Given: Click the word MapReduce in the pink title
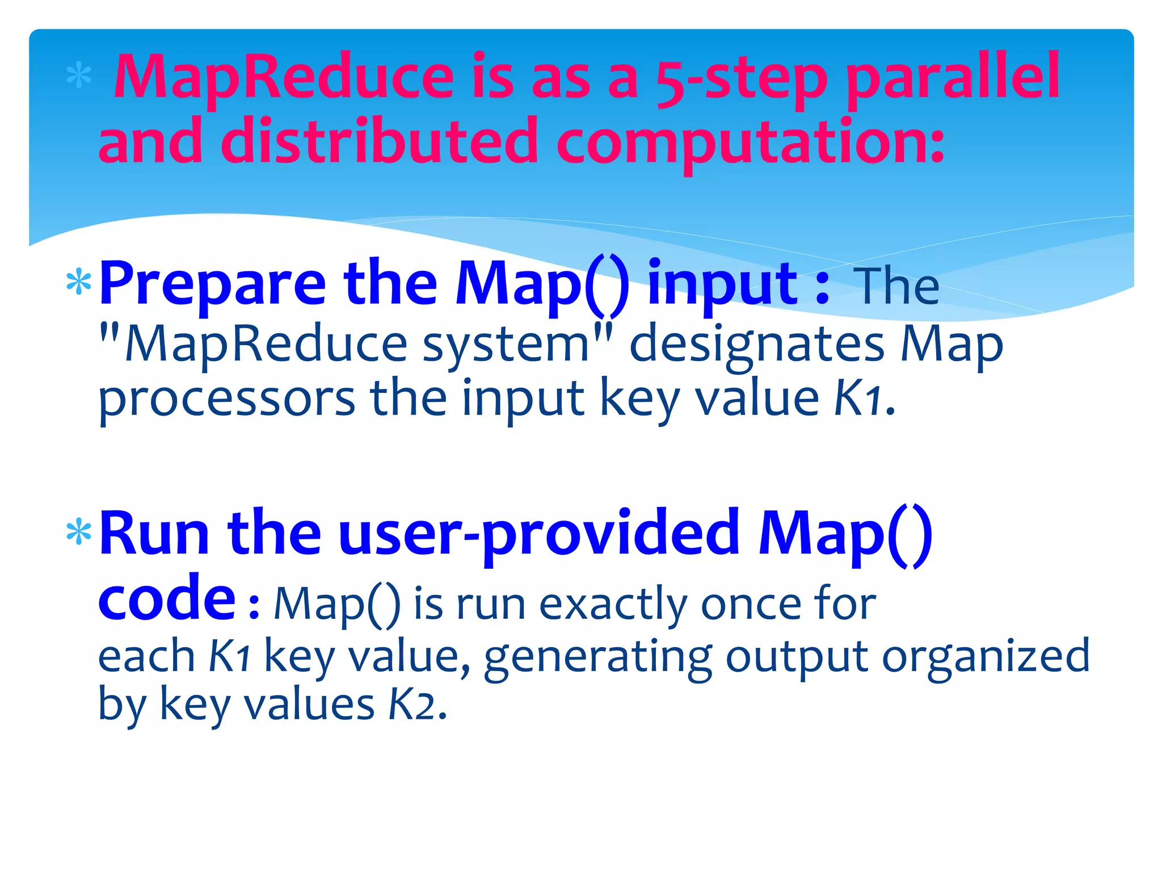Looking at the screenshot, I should pyautogui.click(x=284, y=77).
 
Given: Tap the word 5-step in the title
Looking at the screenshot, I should pyautogui.click(x=740, y=79).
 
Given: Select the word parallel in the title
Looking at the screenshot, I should pyautogui.click(x=953, y=79).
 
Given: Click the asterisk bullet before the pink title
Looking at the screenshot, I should pyautogui.click(x=79, y=77).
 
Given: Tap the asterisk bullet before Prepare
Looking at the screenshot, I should pyautogui.click(x=79, y=283).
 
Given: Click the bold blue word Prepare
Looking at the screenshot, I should pyautogui.click(x=212, y=284).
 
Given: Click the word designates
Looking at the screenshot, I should pyautogui.click(x=757, y=344).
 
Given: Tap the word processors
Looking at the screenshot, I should pyautogui.click(x=227, y=399).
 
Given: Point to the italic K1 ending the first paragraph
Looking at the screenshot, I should pyautogui.click(x=858, y=399).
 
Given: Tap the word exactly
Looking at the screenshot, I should pyautogui.click(x=613, y=604).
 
